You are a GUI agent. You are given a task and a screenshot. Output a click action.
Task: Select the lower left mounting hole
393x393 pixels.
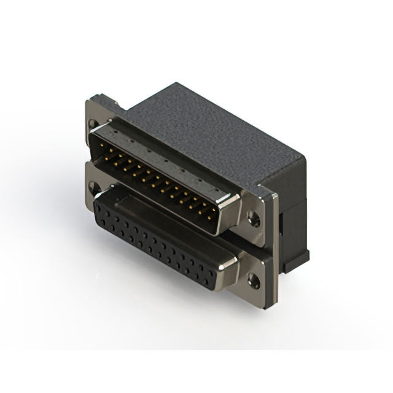[x=93, y=186]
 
